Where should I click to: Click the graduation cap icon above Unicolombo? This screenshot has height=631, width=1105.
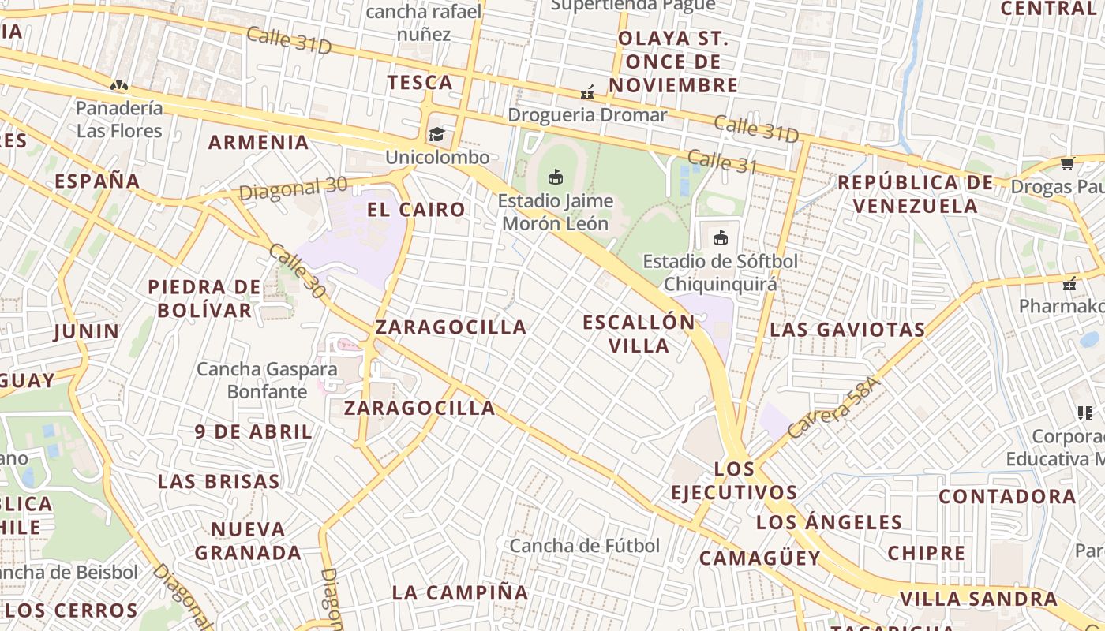(x=436, y=134)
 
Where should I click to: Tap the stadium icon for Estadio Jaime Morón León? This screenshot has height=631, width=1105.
(x=556, y=177)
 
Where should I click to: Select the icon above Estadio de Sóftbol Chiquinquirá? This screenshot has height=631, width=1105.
(x=720, y=237)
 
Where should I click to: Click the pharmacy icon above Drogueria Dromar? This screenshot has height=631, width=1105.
(x=587, y=92)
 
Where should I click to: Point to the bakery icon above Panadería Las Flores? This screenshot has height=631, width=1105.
(x=119, y=85)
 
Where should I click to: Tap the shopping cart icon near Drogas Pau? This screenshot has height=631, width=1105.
(x=1068, y=163)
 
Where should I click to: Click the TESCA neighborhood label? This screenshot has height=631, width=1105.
(x=420, y=83)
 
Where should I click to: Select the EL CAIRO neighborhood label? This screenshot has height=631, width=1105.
(x=416, y=210)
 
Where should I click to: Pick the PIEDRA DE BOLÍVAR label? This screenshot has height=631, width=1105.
(x=204, y=298)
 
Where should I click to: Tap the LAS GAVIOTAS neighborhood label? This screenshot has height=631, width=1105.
(x=848, y=330)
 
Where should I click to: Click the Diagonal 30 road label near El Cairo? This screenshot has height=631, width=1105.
(x=293, y=189)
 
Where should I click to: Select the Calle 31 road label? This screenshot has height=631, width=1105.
(x=721, y=162)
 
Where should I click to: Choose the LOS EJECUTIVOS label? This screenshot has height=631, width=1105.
(x=734, y=481)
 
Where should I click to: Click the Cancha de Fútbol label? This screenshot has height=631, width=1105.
(x=584, y=546)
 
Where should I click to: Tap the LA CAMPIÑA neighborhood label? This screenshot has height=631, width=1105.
(x=460, y=592)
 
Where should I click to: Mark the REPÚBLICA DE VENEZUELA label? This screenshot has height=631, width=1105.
(x=916, y=194)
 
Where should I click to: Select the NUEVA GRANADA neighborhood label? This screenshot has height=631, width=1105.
(x=248, y=540)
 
